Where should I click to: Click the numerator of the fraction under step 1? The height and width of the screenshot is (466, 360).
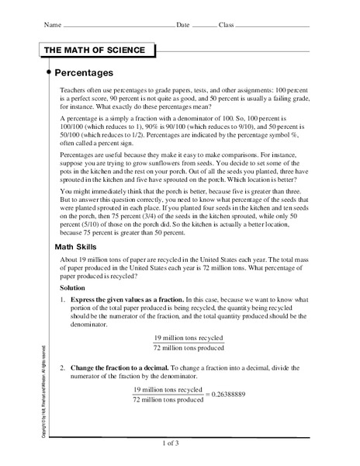click(x=189, y=338)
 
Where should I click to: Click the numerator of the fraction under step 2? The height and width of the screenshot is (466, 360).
click(x=172, y=389)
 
